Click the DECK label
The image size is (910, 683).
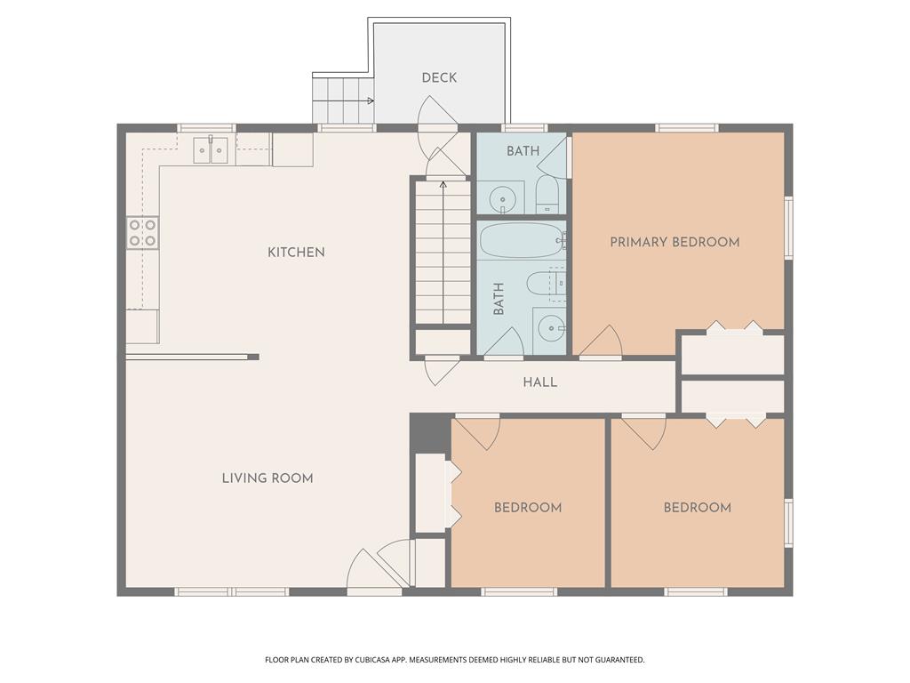(439, 78)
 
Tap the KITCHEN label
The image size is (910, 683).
(296, 253)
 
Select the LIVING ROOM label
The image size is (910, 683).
(267, 478)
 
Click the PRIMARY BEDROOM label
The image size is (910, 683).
(675, 242)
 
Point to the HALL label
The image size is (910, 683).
(539, 382)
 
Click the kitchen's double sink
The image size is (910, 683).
(212, 150)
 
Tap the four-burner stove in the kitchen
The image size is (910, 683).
(142, 232)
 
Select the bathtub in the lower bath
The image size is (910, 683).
(522, 239)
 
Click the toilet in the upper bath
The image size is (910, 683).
(546, 193)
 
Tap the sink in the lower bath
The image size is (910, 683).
(552, 328)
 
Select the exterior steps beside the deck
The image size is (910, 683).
(342, 99)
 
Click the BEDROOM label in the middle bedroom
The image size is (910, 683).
(528, 508)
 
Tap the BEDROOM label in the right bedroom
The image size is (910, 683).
(698, 508)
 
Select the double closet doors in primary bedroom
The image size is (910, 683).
(734, 328)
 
